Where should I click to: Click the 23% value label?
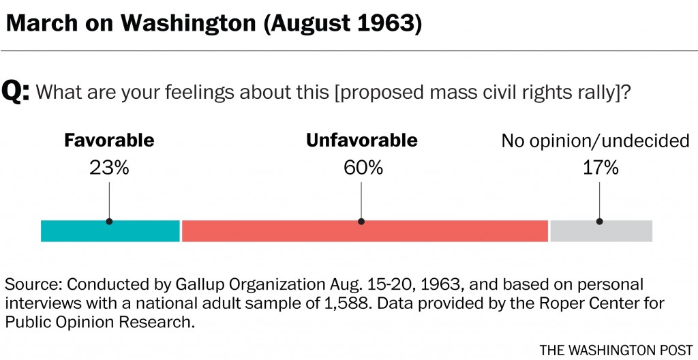(109, 168)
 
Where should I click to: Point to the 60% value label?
(361, 168)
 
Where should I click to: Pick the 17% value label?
(599, 168)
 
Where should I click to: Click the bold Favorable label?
(109, 141)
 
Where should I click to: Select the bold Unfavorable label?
(361, 141)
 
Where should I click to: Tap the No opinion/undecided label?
(595, 142)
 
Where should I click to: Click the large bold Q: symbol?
(16, 91)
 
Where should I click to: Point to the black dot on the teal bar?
(109, 221)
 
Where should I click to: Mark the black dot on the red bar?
(361, 221)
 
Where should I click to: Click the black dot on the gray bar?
(600, 221)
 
